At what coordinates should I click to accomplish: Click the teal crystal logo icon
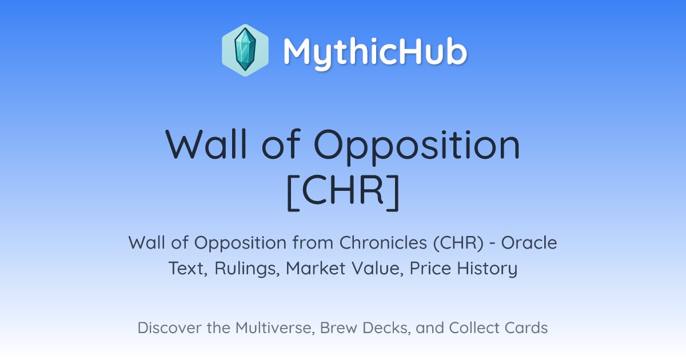(x=245, y=50)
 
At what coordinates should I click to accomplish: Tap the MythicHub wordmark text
(x=375, y=52)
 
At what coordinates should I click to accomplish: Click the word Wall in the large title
(x=206, y=145)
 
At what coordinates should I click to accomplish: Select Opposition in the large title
(x=417, y=147)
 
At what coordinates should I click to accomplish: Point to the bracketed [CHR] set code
(x=343, y=192)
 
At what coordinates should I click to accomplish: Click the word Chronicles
(x=383, y=243)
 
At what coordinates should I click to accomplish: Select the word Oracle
(x=529, y=243)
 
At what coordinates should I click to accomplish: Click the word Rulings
(x=247, y=269)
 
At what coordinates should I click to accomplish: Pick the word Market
(x=315, y=269)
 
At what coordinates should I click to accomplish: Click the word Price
(x=430, y=269)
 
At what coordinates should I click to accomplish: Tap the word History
(x=487, y=269)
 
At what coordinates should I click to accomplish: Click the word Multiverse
(x=275, y=328)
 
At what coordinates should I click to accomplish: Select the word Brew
(x=338, y=327)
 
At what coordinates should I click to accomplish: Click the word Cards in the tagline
(x=526, y=327)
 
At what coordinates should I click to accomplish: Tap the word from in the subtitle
(x=312, y=243)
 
